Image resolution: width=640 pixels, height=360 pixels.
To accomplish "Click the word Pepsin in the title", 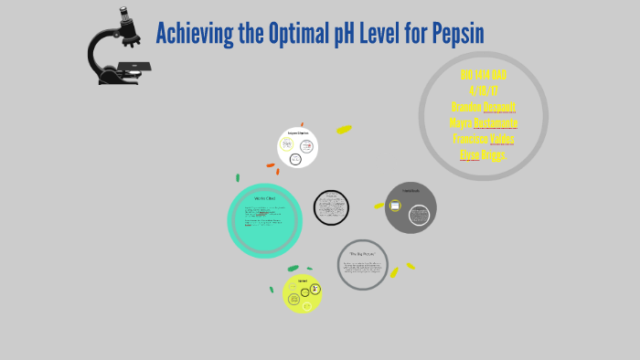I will [450, 34].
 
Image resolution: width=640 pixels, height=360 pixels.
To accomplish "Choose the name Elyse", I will [469, 154].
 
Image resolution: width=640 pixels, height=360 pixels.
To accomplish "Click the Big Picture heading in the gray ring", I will [363, 252].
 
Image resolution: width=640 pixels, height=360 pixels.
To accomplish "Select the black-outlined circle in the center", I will [331, 206].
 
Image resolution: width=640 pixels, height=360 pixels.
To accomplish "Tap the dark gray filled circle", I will [411, 207].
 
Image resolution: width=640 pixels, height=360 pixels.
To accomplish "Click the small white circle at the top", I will [297, 147].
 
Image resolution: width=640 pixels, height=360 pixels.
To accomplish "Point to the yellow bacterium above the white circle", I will [344, 130].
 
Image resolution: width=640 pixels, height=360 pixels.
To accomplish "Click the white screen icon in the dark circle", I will [395, 206].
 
